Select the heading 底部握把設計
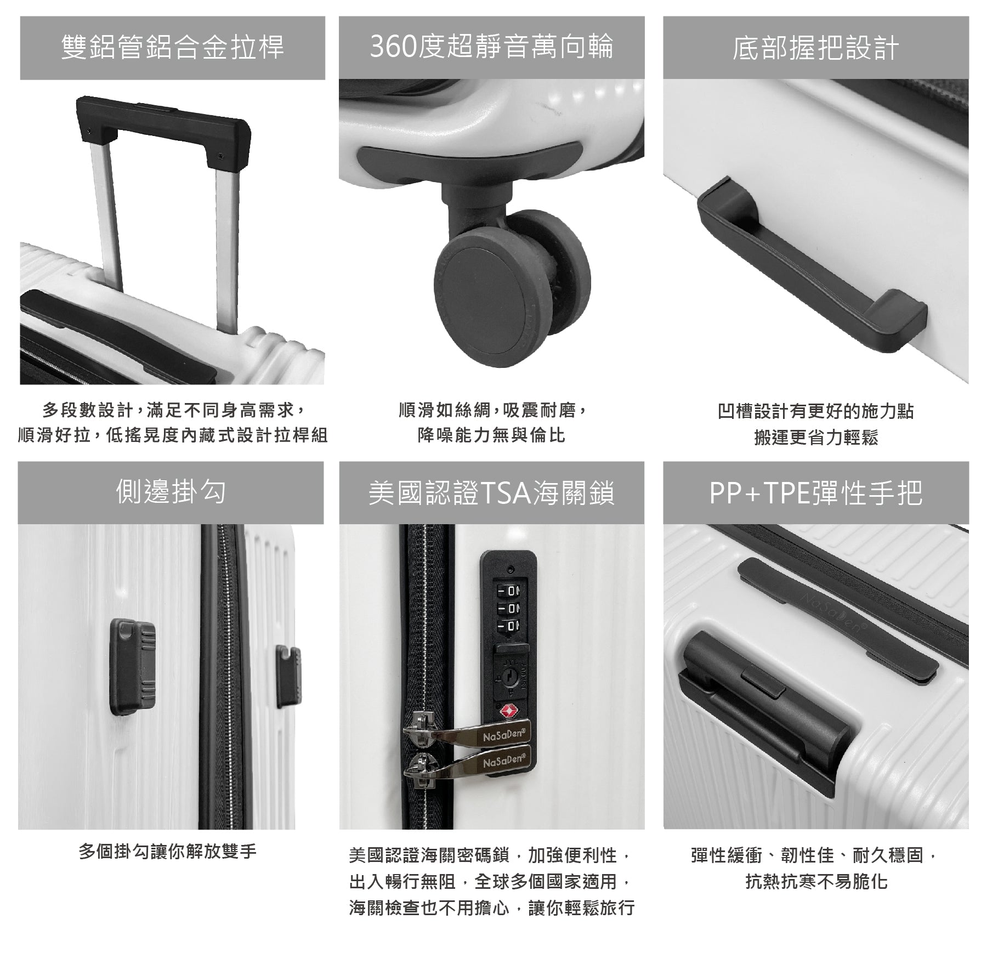(815, 48)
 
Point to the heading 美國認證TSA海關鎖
(491, 492)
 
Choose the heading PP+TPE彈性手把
(815, 492)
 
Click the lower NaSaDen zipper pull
(467, 764)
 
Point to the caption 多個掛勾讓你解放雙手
(168, 852)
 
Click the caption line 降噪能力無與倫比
(491, 435)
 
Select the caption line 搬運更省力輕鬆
(815, 437)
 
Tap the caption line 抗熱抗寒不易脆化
(816, 882)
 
